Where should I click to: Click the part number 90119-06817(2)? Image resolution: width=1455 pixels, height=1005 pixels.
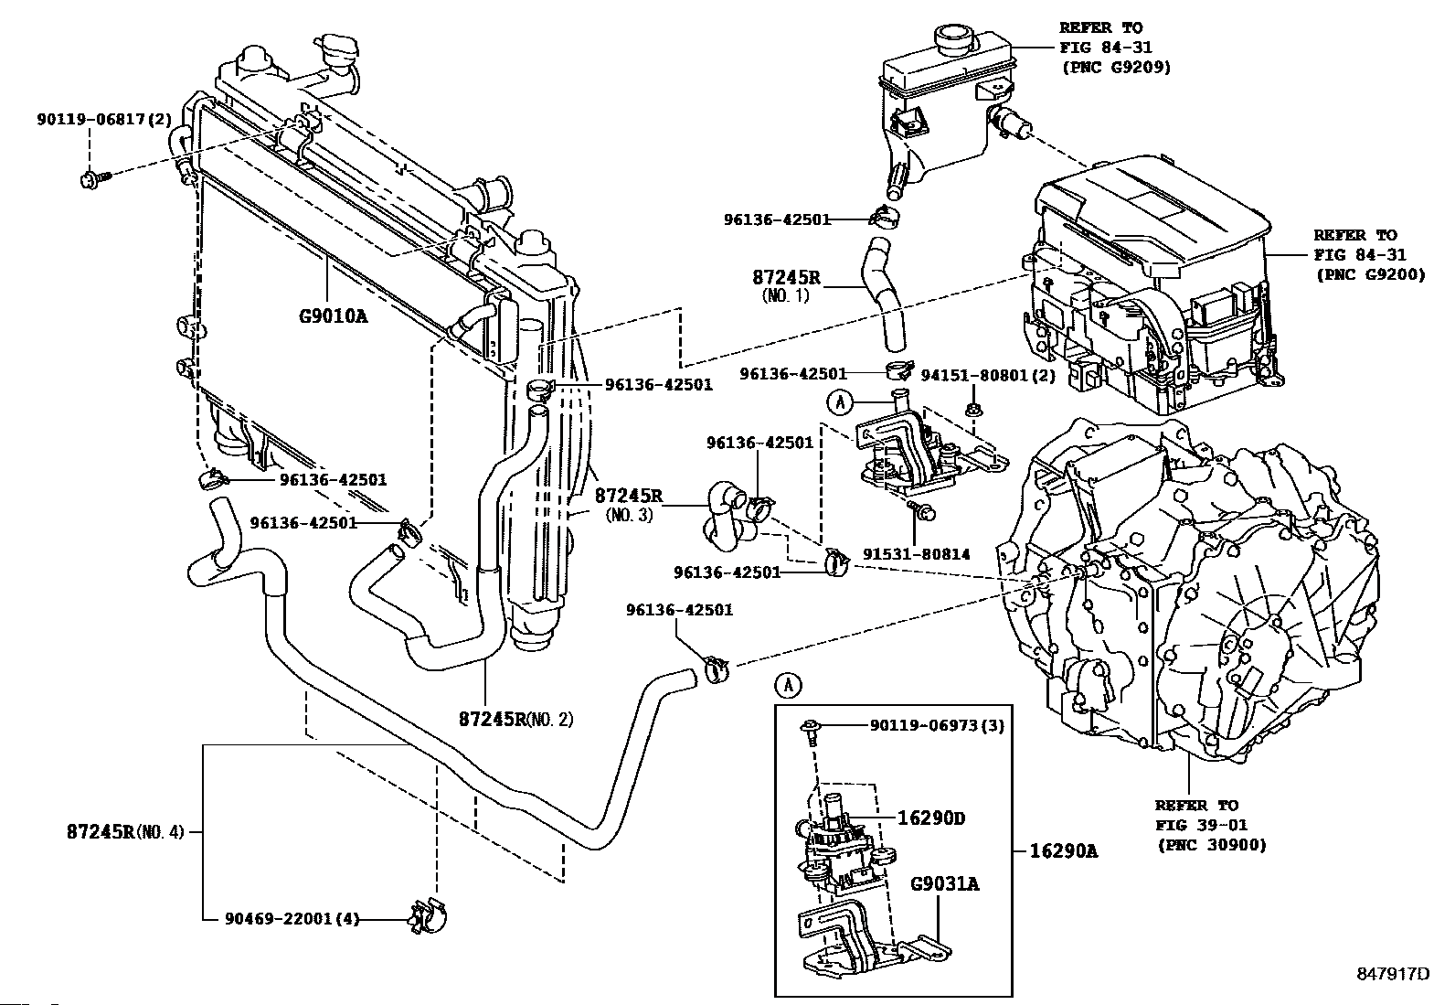[104, 120]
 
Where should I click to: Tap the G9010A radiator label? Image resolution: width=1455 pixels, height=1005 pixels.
[333, 316]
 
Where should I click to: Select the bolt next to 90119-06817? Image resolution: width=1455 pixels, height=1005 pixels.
[95, 178]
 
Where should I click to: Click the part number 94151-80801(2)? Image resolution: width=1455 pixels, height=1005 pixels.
[988, 375]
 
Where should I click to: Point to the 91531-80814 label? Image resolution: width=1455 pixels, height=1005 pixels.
[917, 554]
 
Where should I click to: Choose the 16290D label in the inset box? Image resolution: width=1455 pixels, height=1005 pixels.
[930, 818]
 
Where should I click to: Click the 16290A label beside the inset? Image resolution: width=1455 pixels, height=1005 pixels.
[1063, 851]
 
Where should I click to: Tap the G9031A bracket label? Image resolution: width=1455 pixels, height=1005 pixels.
[945, 884]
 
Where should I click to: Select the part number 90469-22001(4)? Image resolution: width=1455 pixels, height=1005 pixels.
[292, 919]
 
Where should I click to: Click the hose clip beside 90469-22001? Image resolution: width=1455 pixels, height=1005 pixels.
[428, 916]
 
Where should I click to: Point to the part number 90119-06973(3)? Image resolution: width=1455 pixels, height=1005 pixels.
[938, 725]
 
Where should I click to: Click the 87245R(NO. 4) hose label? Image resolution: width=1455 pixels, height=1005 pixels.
[125, 831]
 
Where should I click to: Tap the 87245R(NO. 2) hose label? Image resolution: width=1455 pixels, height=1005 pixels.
[515, 720]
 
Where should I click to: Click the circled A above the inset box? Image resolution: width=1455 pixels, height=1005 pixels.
[788, 685]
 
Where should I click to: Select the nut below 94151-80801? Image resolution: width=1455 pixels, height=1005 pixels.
[973, 411]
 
